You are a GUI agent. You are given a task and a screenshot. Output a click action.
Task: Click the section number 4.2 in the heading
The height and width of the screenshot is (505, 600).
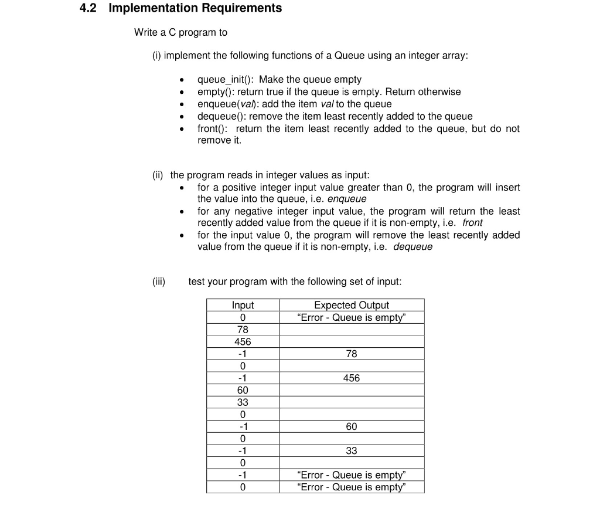coord(90,8)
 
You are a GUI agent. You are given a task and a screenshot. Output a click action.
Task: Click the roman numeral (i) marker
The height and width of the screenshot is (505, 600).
coord(156,55)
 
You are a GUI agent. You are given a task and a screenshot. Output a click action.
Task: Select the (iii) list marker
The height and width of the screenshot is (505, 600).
coord(158,282)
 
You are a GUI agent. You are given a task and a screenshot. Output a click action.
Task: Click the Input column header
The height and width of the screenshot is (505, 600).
coord(243,305)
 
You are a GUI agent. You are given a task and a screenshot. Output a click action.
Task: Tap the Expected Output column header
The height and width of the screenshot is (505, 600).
coord(351,305)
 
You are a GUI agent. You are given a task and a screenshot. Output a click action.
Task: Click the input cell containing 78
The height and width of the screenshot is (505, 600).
coord(243,330)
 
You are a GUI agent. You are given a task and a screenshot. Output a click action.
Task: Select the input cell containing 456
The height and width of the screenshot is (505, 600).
coord(243,342)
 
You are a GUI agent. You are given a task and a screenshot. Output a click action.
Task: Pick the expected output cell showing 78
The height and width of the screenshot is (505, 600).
coord(351,354)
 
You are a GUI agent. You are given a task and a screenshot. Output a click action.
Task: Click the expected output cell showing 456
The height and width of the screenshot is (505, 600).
coord(351,378)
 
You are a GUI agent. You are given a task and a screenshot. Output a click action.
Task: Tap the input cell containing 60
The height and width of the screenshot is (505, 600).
coord(243,390)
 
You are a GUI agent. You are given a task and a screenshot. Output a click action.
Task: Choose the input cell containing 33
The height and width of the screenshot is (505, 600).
coord(243,402)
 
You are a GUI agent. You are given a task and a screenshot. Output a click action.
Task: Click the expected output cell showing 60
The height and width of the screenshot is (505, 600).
coord(351,427)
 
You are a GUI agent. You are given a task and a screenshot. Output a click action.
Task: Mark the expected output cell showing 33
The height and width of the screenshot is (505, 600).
coord(351,451)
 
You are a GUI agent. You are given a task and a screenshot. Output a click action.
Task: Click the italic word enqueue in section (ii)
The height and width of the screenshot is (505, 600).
coord(347,199)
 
